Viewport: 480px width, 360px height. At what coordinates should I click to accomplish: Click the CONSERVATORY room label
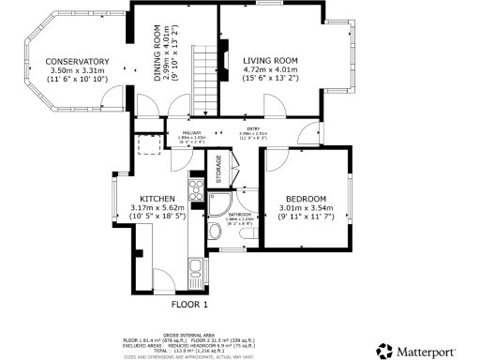(78, 62)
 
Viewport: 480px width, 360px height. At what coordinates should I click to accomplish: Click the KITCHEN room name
(157, 199)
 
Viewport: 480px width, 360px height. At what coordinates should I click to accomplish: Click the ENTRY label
(252, 129)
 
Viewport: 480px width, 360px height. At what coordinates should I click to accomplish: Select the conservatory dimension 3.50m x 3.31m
(78, 70)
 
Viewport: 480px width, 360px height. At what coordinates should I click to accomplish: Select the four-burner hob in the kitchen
(197, 192)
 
